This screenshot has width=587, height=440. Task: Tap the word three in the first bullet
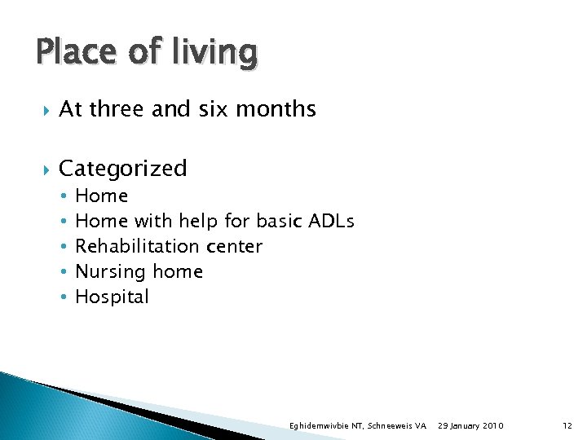116,109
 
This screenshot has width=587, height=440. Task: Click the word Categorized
123,169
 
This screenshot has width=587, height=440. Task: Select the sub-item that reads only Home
101,196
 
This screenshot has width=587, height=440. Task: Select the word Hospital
112,297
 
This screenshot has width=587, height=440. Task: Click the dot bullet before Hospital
64,297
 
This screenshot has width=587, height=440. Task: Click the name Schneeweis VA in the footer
398,426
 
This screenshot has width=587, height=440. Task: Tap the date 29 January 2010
470,426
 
